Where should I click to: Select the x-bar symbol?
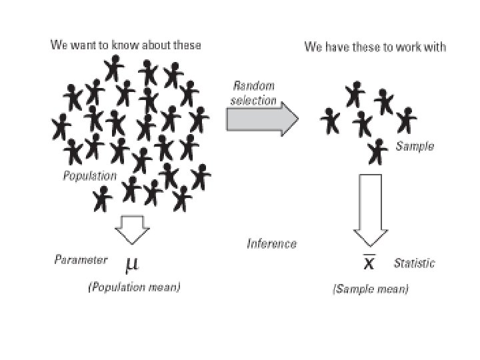click(368, 262)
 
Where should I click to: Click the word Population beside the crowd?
click(89, 177)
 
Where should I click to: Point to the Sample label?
click(415, 146)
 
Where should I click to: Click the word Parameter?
click(80, 259)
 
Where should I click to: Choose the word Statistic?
click(414, 263)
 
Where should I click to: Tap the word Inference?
click(271, 244)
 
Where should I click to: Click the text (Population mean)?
click(134, 287)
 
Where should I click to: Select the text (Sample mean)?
click(371, 289)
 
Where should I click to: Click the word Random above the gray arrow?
click(253, 86)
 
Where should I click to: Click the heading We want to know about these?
click(126, 45)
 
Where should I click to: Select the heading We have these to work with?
click(375, 47)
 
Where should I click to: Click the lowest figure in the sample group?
click(379, 151)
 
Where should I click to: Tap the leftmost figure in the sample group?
click(330, 121)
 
